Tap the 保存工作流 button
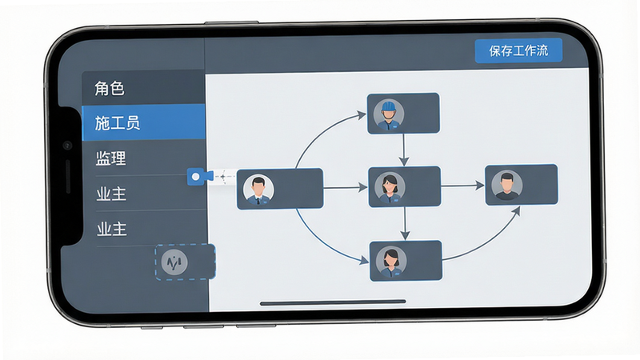(518, 50)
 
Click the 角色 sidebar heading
(110, 88)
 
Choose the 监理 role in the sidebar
(110, 158)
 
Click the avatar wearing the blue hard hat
(389, 114)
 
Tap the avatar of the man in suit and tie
(258, 189)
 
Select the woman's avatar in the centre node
(390, 188)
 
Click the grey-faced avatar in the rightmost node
(506, 186)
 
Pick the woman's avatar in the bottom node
(391, 262)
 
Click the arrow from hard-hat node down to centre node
(404, 150)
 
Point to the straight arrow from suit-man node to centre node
(346, 188)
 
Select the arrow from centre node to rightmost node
(463, 186)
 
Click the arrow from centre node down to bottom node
(405, 224)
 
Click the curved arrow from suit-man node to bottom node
(322, 242)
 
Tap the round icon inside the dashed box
(174, 262)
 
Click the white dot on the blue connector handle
(195, 177)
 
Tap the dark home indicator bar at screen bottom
(333, 302)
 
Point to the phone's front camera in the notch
(67, 145)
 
